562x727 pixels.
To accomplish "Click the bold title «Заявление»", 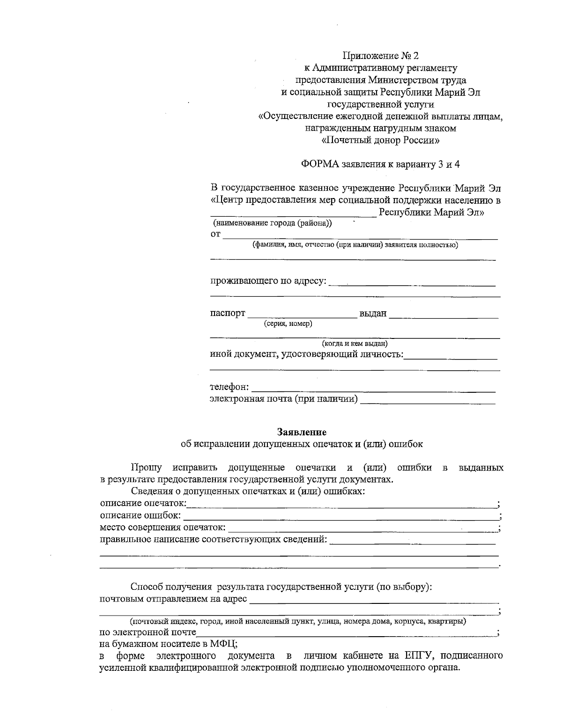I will click(302, 432).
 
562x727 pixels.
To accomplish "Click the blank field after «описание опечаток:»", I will click(341, 504).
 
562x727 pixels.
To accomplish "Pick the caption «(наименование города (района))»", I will click(272, 223).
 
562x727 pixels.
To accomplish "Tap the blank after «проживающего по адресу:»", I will click(413, 282).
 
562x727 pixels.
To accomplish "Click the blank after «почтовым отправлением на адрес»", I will click(374, 600).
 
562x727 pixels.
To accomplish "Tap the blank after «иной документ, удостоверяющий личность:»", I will click(450, 356).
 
